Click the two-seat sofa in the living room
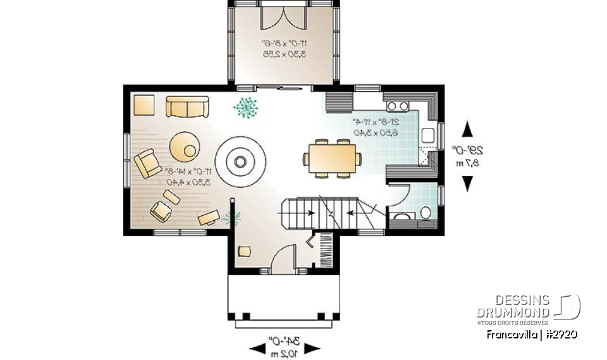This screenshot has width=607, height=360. [x=187, y=106]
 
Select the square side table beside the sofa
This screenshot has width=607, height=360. [x=144, y=104]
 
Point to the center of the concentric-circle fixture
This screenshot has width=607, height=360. [x=240, y=161]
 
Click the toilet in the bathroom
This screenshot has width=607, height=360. [x=426, y=213]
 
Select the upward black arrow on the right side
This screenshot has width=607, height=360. [x=467, y=130]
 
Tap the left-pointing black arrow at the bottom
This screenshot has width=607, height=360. [x=259, y=349]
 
